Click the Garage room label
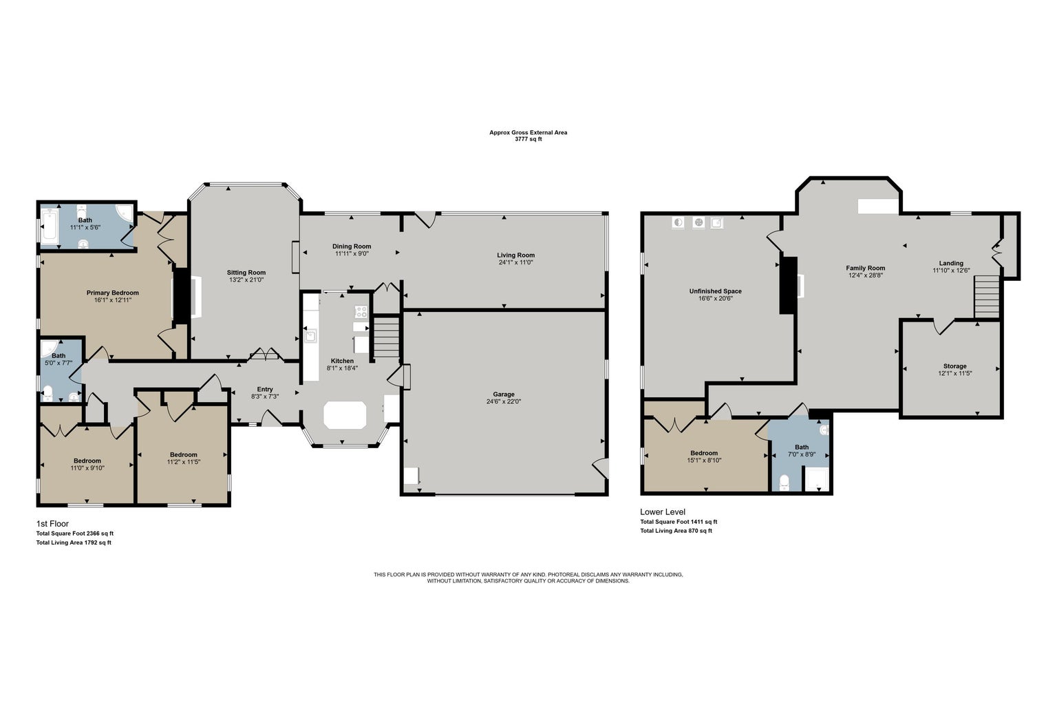(504, 394)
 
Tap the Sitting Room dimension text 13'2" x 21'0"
(246, 280)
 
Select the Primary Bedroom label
(112, 293)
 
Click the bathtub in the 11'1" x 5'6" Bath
(49, 227)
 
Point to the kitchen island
(345, 415)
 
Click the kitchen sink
(310, 336)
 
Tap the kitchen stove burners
(361, 312)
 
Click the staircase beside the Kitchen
(387, 337)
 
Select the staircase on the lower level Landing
(987, 297)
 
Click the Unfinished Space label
(716, 291)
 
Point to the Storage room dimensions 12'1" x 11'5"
(954, 373)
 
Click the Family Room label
(866, 268)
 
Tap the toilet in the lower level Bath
(784, 482)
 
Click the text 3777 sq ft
(528, 139)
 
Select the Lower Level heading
(663, 512)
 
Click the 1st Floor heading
(52, 524)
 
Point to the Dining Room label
(352, 246)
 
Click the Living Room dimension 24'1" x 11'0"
(515, 262)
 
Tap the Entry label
(265, 390)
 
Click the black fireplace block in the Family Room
(788, 285)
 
